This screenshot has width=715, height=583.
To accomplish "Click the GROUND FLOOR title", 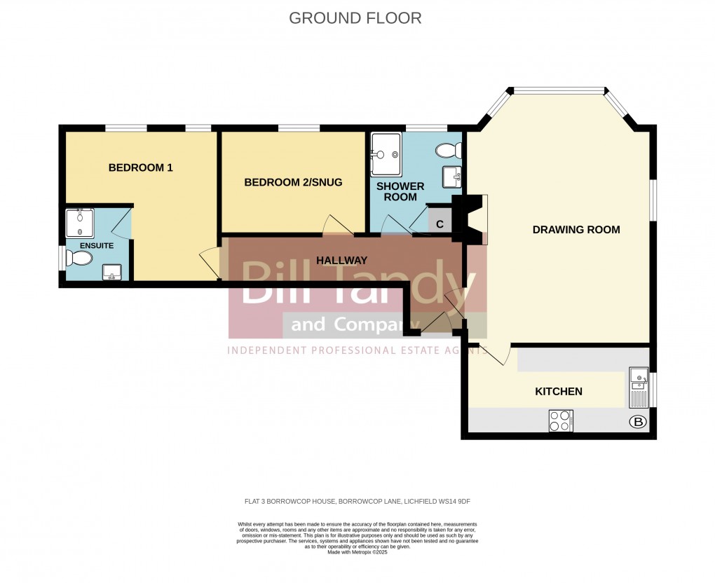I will click(x=355, y=18).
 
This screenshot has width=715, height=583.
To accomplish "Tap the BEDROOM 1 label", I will click(x=140, y=168).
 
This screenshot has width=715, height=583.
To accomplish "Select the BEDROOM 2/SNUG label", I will click(x=293, y=182).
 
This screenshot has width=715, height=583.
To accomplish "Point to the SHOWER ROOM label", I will click(x=400, y=191).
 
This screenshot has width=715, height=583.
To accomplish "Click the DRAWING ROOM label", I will click(x=576, y=230).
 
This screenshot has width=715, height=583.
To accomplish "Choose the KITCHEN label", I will click(x=559, y=391).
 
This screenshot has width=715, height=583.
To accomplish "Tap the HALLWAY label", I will click(x=341, y=260).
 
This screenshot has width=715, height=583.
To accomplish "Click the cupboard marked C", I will click(x=440, y=224).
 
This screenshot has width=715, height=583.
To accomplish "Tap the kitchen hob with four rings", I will click(x=561, y=420).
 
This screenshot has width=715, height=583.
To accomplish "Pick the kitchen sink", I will click(x=639, y=387).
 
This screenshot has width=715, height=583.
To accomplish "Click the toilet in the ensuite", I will click(x=79, y=259).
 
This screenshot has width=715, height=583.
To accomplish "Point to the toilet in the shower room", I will click(x=447, y=150).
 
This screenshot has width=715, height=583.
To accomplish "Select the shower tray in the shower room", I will click(x=386, y=154).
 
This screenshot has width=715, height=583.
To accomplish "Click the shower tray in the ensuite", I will click(x=80, y=224).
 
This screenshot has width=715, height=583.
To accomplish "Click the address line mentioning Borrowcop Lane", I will click(x=357, y=501).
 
